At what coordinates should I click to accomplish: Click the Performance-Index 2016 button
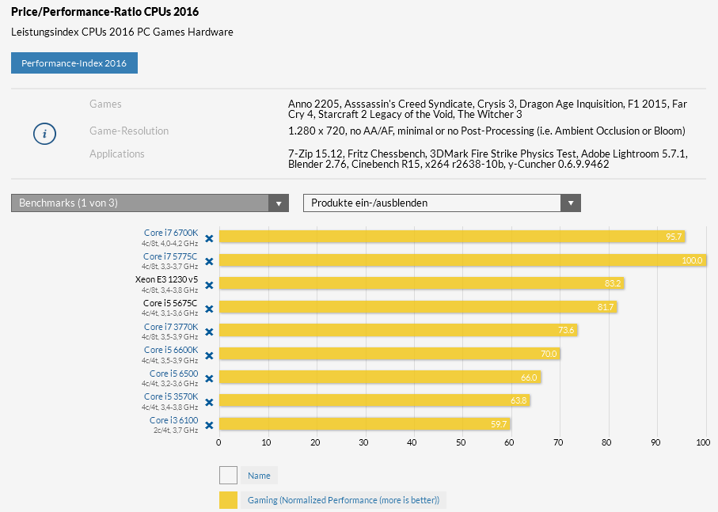point(74,63)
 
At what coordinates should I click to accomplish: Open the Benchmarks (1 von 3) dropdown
point(150,203)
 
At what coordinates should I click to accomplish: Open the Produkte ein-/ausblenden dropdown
point(442,203)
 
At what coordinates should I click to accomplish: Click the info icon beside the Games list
point(44,134)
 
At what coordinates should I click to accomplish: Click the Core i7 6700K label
point(171,233)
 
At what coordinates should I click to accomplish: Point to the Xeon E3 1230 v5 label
point(166,279)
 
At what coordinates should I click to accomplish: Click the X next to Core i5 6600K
point(209,355)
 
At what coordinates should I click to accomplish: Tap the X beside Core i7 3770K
point(209,332)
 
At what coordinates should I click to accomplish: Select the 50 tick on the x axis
point(461,442)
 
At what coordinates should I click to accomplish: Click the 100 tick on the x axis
point(702,442)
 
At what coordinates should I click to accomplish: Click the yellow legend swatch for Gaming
point(228,500)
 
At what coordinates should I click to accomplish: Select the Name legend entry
point(259,476)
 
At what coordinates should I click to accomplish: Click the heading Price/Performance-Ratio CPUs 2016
point(104,12)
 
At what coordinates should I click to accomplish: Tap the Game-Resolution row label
point(129,131)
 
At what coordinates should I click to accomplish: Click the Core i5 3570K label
point(170,396)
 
